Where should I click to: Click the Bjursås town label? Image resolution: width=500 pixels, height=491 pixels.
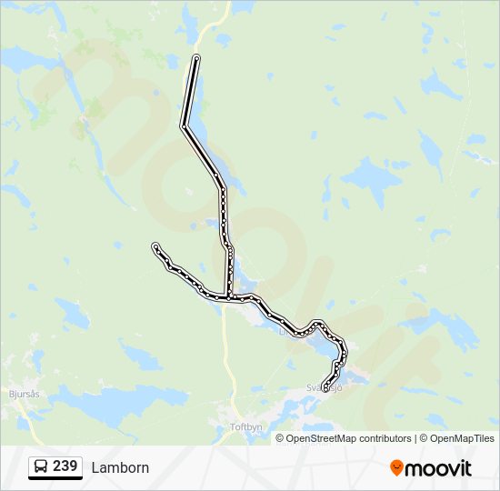pos(25,395)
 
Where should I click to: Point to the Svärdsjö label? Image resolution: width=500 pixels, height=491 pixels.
pos(325,386)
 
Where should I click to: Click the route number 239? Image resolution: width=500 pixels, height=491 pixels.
pos(65,466)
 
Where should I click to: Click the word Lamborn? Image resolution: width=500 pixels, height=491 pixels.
pos(120,468)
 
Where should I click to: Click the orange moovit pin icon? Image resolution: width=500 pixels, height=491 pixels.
pos(396,467)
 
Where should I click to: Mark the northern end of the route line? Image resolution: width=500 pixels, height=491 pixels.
pos(196,58)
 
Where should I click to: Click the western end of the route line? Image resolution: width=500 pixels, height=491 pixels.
pos(155,246)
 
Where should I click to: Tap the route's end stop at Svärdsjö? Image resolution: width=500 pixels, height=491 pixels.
pos(325,390)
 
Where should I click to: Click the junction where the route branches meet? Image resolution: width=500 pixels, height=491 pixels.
pos(228,296)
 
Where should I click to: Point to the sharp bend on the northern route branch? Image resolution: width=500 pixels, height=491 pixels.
pos(185,126)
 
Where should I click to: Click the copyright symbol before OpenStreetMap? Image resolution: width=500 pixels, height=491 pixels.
pos(281,438)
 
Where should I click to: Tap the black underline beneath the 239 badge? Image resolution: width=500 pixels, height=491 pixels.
pos(55,478)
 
